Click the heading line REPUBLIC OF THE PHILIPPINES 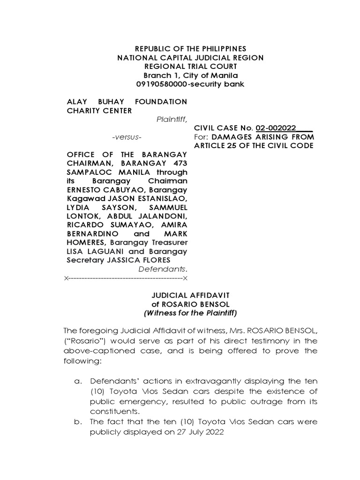point(190,49)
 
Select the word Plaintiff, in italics point(172,119)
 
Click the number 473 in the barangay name point(178,163)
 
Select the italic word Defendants point(162,269)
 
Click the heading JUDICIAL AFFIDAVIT point(190,295)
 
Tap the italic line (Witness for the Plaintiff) point(190,313)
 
